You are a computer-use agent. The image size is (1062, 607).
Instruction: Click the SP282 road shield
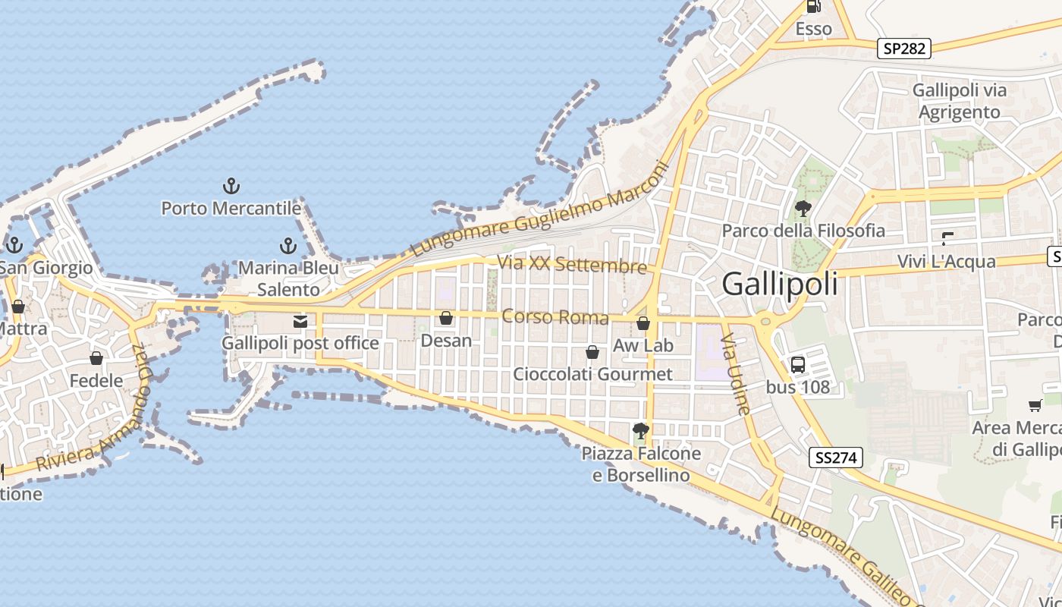pos(905,49)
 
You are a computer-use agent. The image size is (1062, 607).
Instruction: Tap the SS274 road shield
pos(837,458)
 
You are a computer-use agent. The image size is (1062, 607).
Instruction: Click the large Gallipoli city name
pos(780,285)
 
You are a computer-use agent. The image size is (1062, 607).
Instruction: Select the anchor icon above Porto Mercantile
pos(231,185)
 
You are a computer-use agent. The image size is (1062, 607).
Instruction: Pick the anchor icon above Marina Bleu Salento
pos(288,245)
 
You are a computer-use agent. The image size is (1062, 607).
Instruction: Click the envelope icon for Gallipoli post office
pos(300,322)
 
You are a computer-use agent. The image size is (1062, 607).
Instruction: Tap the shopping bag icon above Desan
pos(446,318)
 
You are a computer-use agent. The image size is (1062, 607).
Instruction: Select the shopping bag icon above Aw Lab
pos(643,323)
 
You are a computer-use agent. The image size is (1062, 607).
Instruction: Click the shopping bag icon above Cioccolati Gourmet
pos(592,352)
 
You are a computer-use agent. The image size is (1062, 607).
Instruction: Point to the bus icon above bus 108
pos(798,364)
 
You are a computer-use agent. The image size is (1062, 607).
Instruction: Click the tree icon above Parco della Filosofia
pos(803,208)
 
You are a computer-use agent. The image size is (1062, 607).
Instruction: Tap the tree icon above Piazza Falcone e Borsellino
pos(641,431)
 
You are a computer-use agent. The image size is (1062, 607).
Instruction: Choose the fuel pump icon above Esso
pos(813,7)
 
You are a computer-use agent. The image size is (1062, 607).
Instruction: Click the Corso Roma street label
pos(555,317)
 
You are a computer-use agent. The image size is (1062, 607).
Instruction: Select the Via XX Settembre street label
pos(571,265)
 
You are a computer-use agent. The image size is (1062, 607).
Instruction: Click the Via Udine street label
pos(737,373)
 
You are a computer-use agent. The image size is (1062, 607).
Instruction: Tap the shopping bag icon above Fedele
pos(96,358)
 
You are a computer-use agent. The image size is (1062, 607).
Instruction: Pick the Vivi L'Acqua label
pos(946,262)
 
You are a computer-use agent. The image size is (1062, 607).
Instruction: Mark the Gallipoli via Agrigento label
pos(960,101)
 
